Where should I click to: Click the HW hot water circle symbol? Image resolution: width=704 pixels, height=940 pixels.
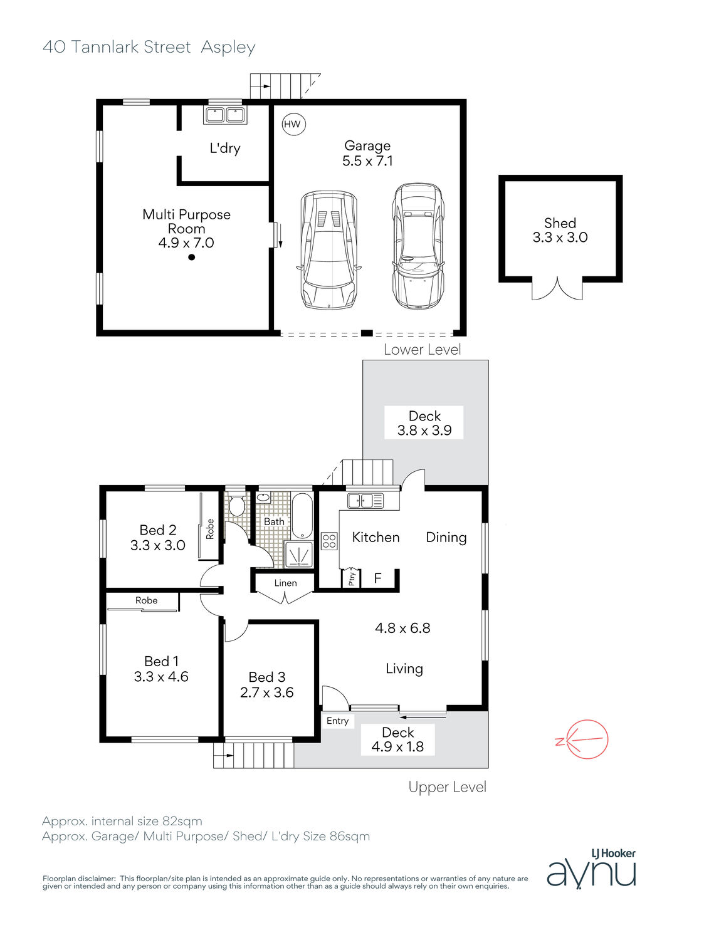point(293,124)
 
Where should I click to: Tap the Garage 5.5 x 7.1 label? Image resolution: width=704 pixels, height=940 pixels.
point(367,154)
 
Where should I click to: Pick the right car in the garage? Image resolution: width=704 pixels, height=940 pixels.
point(418,246)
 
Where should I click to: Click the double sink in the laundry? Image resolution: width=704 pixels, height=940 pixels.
point(225,115)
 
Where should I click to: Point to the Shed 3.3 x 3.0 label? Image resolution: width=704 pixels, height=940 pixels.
point(560,230)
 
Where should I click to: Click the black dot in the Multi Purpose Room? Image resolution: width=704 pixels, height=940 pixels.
point(191,257)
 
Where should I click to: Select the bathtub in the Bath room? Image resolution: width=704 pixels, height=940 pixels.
point(302,515)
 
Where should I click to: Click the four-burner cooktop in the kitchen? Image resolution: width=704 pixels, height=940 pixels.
point(329,540)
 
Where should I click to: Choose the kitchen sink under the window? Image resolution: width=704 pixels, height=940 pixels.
point(365,501)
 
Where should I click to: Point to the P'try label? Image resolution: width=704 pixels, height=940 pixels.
point(352,578)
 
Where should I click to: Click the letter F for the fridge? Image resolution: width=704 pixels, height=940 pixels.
point(377,578)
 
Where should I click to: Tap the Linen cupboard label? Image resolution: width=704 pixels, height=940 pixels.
point(285,583)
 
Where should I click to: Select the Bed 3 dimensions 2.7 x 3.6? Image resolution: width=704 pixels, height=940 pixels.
point(266,692)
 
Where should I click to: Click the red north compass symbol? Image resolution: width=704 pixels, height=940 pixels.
point(584,739)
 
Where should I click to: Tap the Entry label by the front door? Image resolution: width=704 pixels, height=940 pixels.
point(337,721)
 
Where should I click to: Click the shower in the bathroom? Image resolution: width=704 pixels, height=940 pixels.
point(299,553)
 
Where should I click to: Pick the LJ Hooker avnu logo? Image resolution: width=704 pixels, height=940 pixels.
point(591,868)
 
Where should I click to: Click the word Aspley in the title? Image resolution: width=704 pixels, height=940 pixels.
point(228,48)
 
